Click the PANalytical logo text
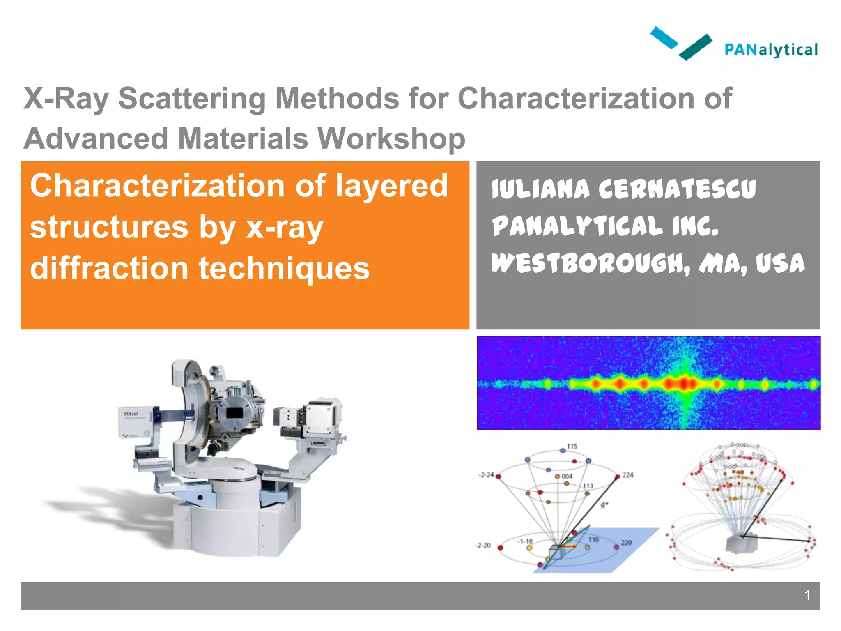click(x=771, y=50)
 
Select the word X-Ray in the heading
click(x=66, y=99)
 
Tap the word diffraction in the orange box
click(x=109, y=268)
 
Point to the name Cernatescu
click(x=677, y=189)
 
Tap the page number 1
click(x=807, y=595)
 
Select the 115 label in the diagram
click(x=572, y=446)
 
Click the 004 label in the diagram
click(x=567, y=477)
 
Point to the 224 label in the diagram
click(x=627, y=475)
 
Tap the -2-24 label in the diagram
click(x=486, y=475)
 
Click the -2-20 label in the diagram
click(x=483, y=546)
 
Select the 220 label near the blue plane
click(x=626, y=543)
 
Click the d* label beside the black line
click(x=604, y=505)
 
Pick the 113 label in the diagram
click(x=588, y=486)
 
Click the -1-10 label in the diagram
click(x=525, y=541)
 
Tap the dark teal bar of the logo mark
click(x=695, y=47)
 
